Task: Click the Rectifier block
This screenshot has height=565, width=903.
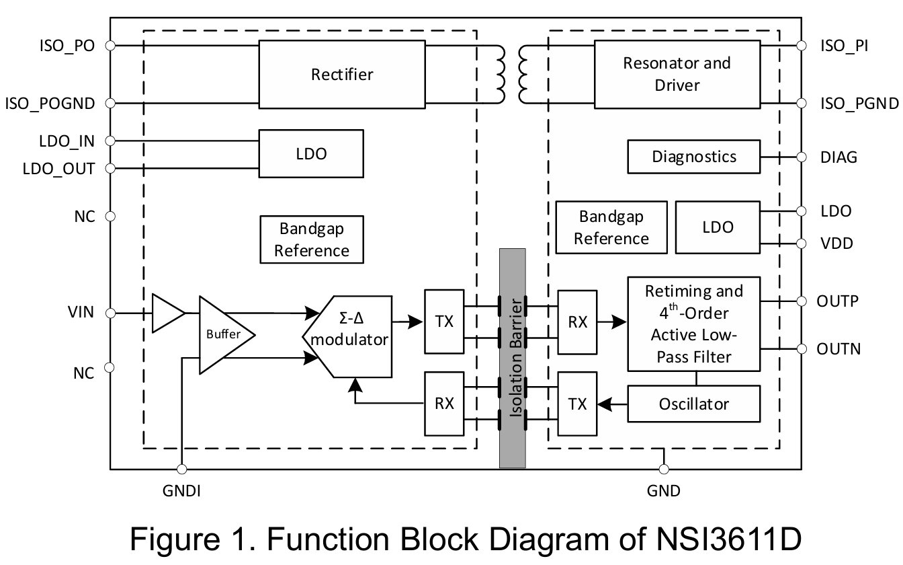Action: click(341, 74)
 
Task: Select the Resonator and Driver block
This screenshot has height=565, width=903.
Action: click(677, 74)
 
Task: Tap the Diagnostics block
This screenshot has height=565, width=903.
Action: click(693, 157)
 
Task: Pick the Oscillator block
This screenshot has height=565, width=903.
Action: click(693, 404)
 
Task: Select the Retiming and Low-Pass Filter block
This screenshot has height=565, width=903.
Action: click(693, 324)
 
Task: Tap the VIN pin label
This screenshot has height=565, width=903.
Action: click(81, 312)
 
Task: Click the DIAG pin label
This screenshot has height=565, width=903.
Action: click(838, 157)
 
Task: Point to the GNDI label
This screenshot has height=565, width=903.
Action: click(181, 491)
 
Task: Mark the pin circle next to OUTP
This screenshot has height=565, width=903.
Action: click(800, 301)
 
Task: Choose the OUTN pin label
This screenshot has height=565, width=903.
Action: click(838, 349)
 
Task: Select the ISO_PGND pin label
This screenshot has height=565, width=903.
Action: click(859, 103)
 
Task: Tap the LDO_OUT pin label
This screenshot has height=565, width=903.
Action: click(59, 168)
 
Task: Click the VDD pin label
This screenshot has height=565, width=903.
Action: click(836, 243)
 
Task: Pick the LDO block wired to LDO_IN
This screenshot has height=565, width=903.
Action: click(311, 154)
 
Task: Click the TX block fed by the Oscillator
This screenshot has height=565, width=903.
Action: click(577, 404)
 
